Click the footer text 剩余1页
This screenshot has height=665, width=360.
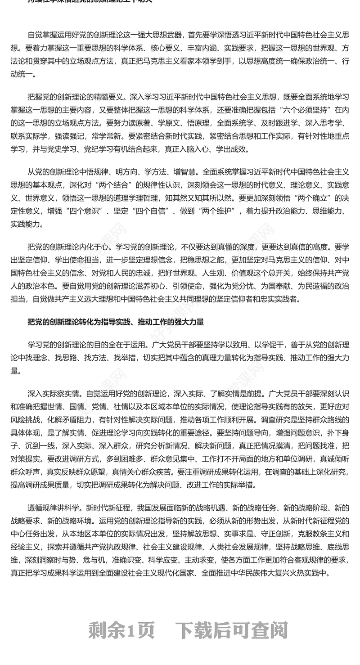[x=121, y=630]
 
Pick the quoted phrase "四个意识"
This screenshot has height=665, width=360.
[x=86, y=211]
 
